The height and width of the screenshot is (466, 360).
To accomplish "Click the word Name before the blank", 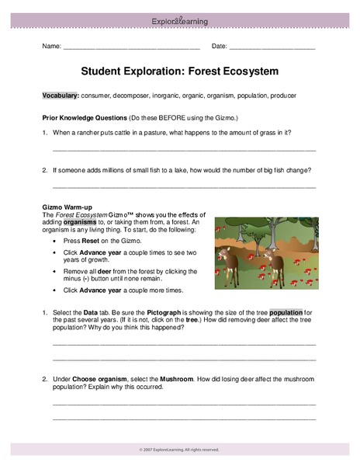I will coord(51,47).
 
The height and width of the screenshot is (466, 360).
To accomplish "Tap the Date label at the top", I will coord(220,47).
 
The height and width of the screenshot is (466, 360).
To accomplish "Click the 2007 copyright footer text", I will coord(181,449).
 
